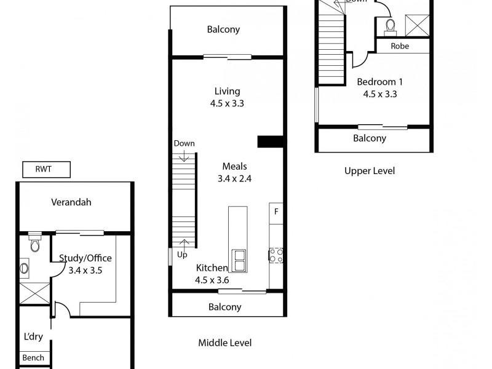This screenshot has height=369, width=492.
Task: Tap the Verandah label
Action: tap(71, 202)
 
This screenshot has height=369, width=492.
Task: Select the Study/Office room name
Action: tap(85, 258)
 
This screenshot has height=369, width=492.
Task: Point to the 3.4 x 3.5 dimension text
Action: tap(85, 269)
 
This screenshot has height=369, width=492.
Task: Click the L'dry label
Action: tap(33, 337)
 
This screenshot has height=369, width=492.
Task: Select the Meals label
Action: tap(234, 167)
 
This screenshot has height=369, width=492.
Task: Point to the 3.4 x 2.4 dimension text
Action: tap(235, 179)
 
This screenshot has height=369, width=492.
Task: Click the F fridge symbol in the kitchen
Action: tap(276, 212)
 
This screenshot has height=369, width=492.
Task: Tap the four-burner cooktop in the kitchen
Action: tap(276, 255)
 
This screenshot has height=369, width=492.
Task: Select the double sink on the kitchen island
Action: tap(238, 261)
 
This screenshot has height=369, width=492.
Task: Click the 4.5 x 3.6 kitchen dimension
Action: tap(212, 280)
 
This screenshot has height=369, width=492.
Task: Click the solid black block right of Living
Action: tap(270, 141)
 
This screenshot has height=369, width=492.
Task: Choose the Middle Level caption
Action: tap(224, 343)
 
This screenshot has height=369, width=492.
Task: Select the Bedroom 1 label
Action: tap(380, 81)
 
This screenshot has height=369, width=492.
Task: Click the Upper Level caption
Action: tap(370, 171)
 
